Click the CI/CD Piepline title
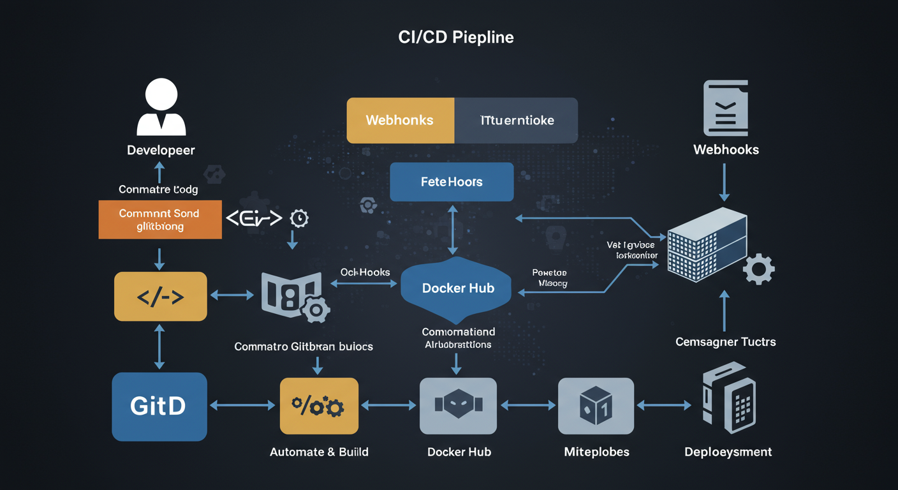point(455,37)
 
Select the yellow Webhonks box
point(400,120)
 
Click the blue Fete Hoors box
point(452,182)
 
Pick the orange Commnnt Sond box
point(160,219)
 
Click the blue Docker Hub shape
point(457,288)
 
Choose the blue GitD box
point(159,406)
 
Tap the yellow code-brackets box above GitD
point(160,296)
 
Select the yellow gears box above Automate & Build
point(318,406)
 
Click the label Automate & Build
point(319,452)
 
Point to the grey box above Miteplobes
point(596,406)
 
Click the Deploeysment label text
point(728,452)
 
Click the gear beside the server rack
point(759,269)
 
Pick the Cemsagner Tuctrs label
point(725,342)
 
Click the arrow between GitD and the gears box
point(243,405)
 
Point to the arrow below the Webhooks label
point(724,182)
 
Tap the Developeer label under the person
point(161,151)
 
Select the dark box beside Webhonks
point(516,120)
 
